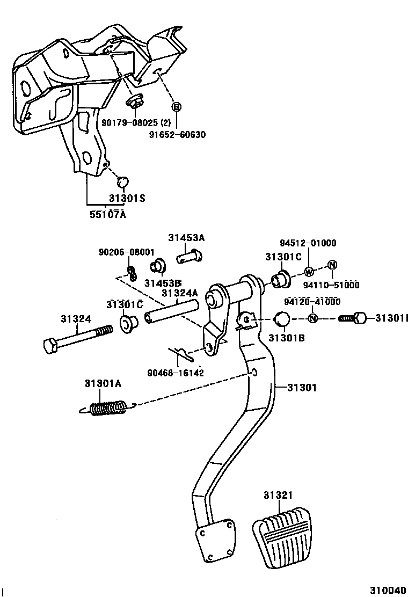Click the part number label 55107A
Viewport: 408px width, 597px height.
click(x=107, y=215)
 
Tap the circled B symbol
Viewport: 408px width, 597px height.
click(x=176, y=107)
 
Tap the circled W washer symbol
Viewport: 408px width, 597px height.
click(x=309, y=271)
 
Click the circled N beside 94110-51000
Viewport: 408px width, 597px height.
click(x=332, y=264)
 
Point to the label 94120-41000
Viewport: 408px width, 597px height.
click(x=312, y=302)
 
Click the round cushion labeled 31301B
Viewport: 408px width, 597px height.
click(x=282, y=319)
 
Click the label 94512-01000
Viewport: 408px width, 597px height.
click(x=308, y=243)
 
